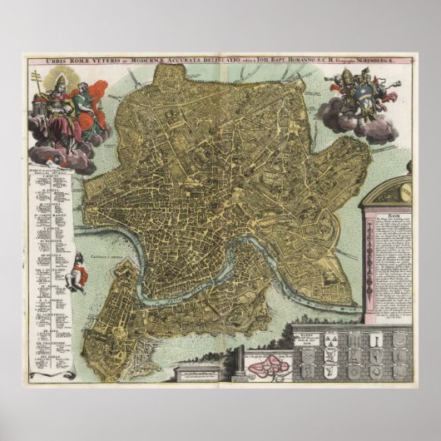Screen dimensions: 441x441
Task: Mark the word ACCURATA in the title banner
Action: [202, 60]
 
